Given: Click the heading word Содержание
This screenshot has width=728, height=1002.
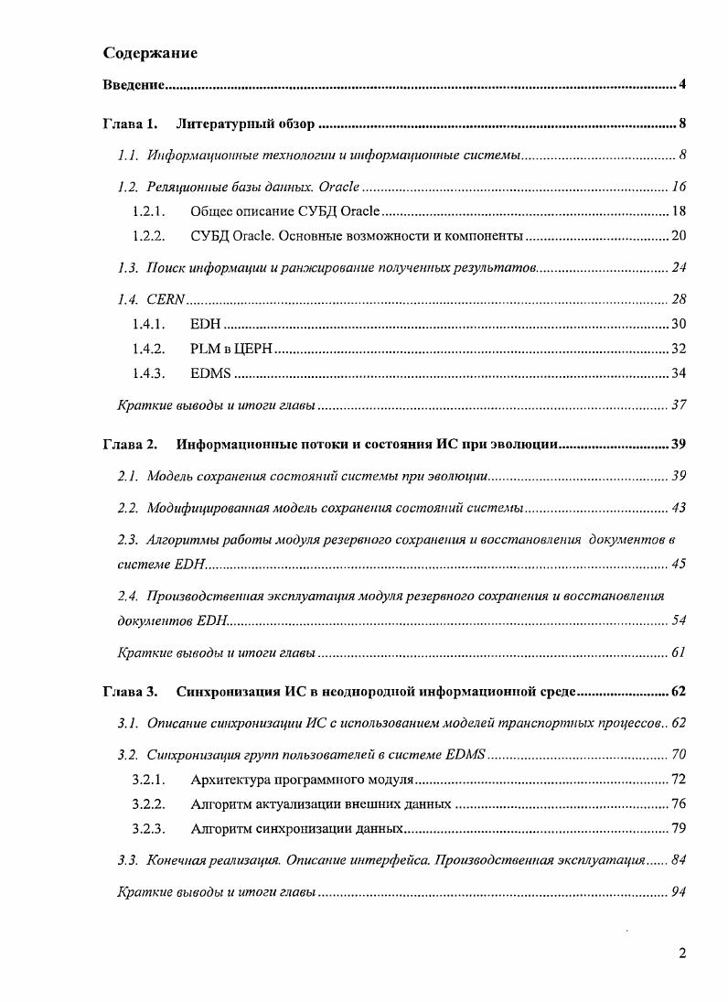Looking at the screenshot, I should pos(150,53).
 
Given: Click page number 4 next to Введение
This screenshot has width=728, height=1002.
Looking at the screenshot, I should pos(682,86).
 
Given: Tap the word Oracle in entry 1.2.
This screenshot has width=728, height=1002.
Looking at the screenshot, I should pos(338,188).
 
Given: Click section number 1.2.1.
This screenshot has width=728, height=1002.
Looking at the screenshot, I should pos(148,211).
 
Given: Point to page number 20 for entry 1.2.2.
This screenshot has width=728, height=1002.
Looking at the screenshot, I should pos(679,236).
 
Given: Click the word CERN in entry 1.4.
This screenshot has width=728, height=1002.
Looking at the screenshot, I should pos(166,300).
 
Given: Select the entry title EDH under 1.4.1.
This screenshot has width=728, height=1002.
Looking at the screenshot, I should pos(205,324).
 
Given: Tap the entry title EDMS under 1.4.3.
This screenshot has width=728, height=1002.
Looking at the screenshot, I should pos(211,373).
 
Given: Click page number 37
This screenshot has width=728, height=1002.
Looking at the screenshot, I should pos(679,405).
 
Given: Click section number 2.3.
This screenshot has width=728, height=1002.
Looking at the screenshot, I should pos(128,540).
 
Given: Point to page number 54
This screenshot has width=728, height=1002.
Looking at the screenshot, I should pos(679,621).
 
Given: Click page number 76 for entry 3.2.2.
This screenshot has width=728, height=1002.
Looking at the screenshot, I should pos(679,804).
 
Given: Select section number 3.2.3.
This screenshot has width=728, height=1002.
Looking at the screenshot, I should pos(148,829).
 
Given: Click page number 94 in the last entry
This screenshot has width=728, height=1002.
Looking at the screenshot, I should pos(679,892).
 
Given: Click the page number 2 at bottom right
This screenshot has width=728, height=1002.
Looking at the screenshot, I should pos(682,954).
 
